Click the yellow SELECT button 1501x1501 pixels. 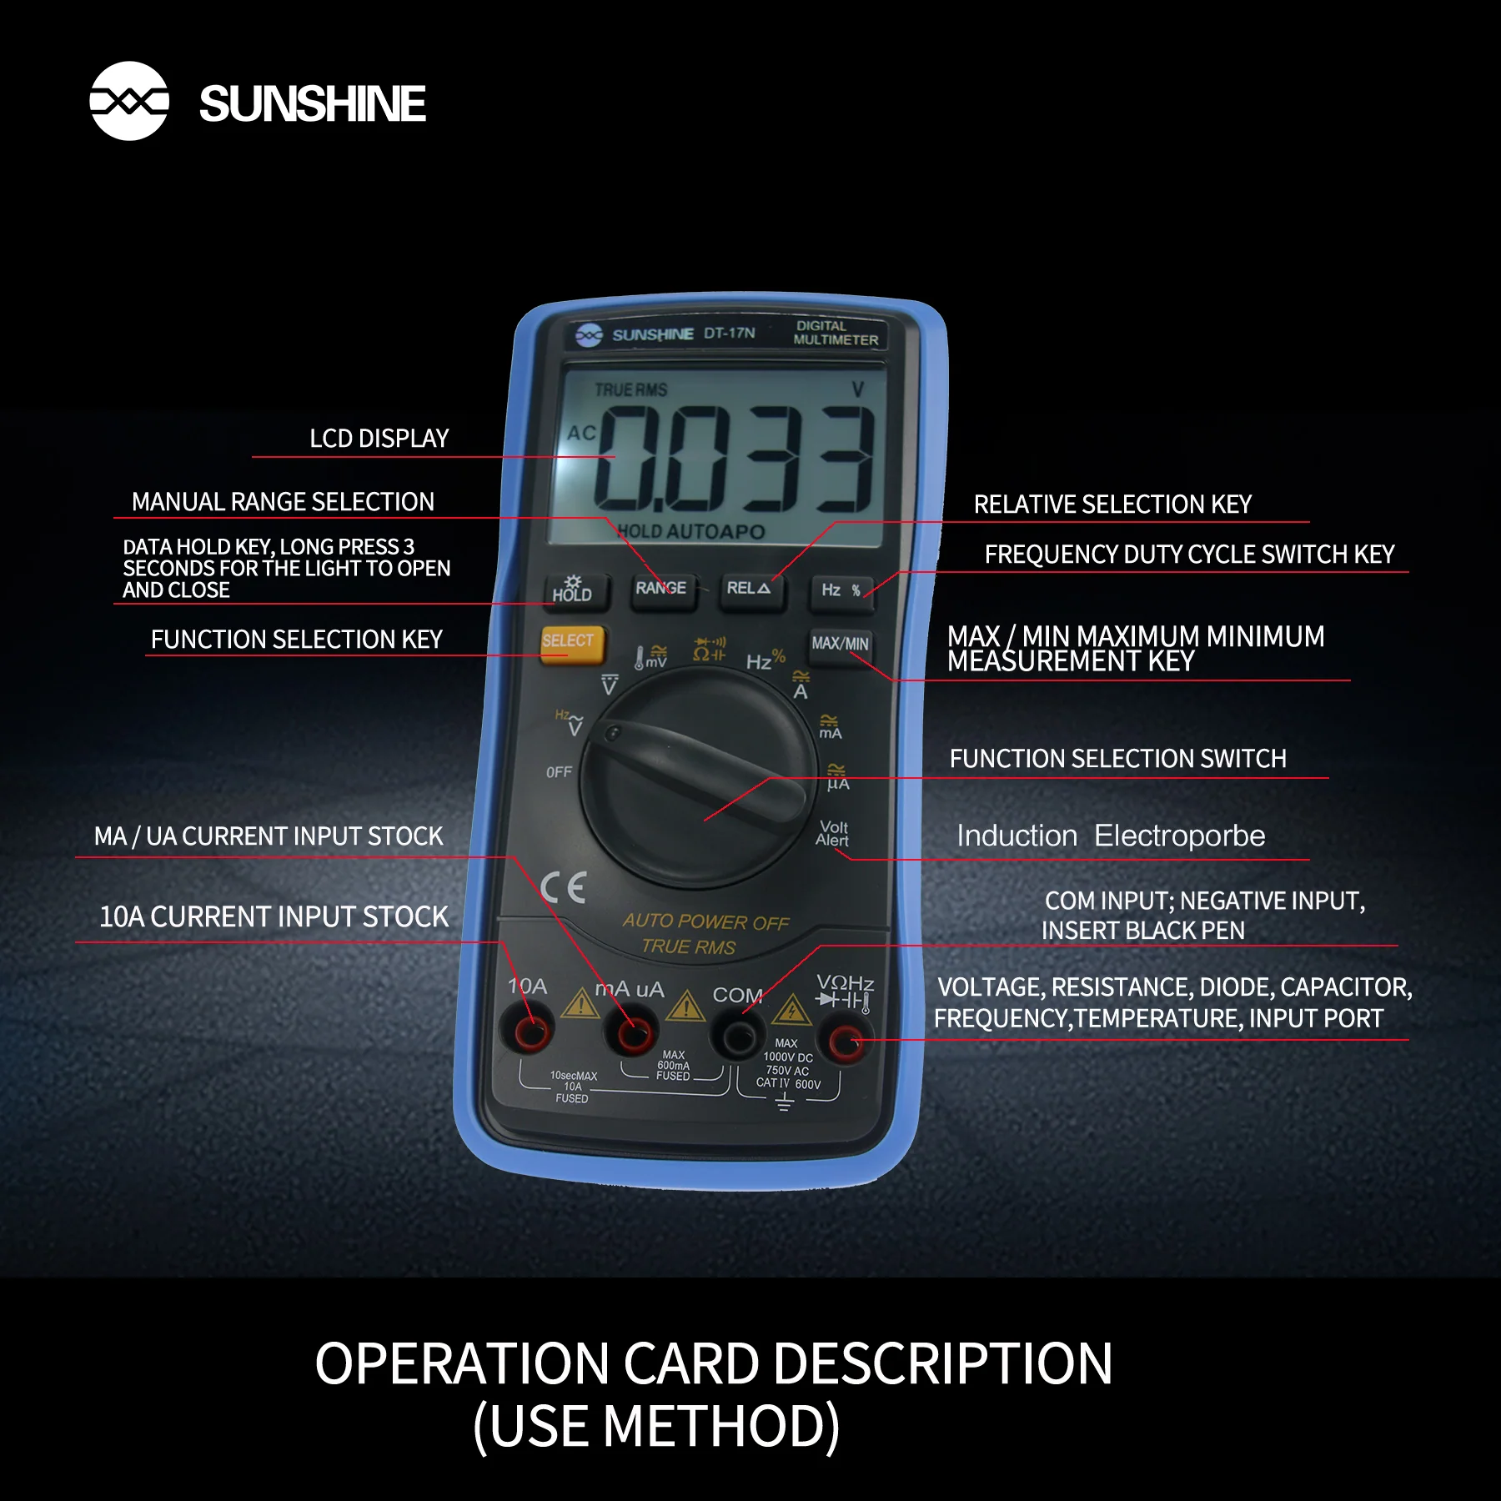click(x=571, y=644)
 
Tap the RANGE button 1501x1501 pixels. click(x=662, y=590)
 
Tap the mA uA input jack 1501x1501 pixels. click(x=634, y=1034)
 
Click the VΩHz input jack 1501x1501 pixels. click(x=845, y=1042)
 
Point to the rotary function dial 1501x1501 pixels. click(x=699, y=780)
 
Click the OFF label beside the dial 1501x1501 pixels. click(x=559, y=772)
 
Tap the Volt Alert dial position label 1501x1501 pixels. click(x=833, y=833)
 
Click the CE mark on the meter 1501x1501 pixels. click(x=564, y=888)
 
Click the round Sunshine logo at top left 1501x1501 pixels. click(x=129, y=101)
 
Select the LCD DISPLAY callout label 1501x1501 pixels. click(x=379, y=439)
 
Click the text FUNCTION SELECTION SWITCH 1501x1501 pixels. click(x=1118, y=759)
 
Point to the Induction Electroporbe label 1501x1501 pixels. click(x=1111, y=836)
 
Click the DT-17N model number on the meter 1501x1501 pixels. click(x=730, y=333)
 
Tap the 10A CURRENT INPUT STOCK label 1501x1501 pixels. click(x=274, y=917)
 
